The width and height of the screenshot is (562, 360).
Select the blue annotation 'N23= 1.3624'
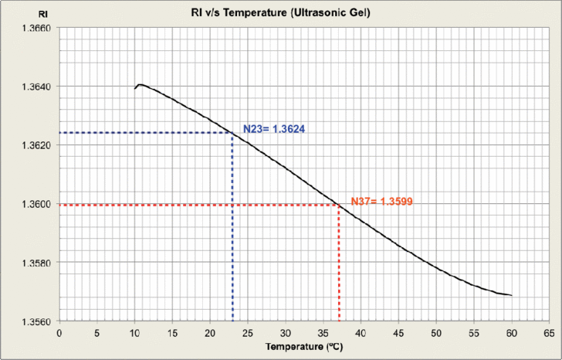pyautogui.click(x=275, y=129)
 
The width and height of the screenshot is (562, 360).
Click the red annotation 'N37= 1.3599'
pyautogui.click(x=382, y=202)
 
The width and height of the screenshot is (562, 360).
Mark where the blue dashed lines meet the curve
pyautogui.click(x=232, y=133)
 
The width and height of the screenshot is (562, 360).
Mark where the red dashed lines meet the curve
pyautogui.click(x=338, y=205)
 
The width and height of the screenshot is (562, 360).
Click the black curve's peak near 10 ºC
pyautogui.click(x=139, y=84)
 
